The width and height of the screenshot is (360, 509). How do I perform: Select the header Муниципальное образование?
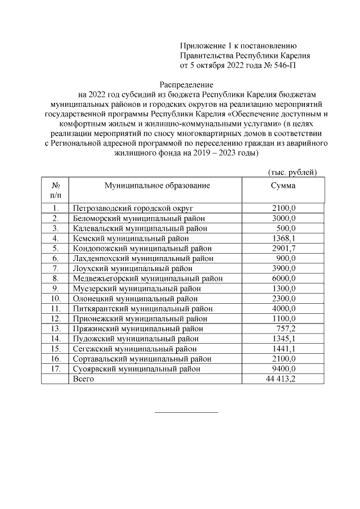click(157, 186)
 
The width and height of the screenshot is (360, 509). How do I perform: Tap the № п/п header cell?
click(56, 190)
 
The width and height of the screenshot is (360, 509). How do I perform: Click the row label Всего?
click(83, 379)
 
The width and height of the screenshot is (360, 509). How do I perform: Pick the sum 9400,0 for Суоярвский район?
click(283, 369)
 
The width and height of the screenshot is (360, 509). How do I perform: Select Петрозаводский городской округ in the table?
click(133, 208)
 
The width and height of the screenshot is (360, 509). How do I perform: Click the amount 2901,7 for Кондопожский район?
click(283, 248)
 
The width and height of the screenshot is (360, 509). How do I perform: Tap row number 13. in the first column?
click(56, 328)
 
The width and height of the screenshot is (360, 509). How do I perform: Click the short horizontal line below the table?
click(186, 412)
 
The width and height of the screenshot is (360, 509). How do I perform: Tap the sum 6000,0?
click(283, 278)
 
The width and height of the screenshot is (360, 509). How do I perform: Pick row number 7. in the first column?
click(56, 268)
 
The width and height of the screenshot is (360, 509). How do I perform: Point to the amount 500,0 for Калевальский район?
click(286, 228)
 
